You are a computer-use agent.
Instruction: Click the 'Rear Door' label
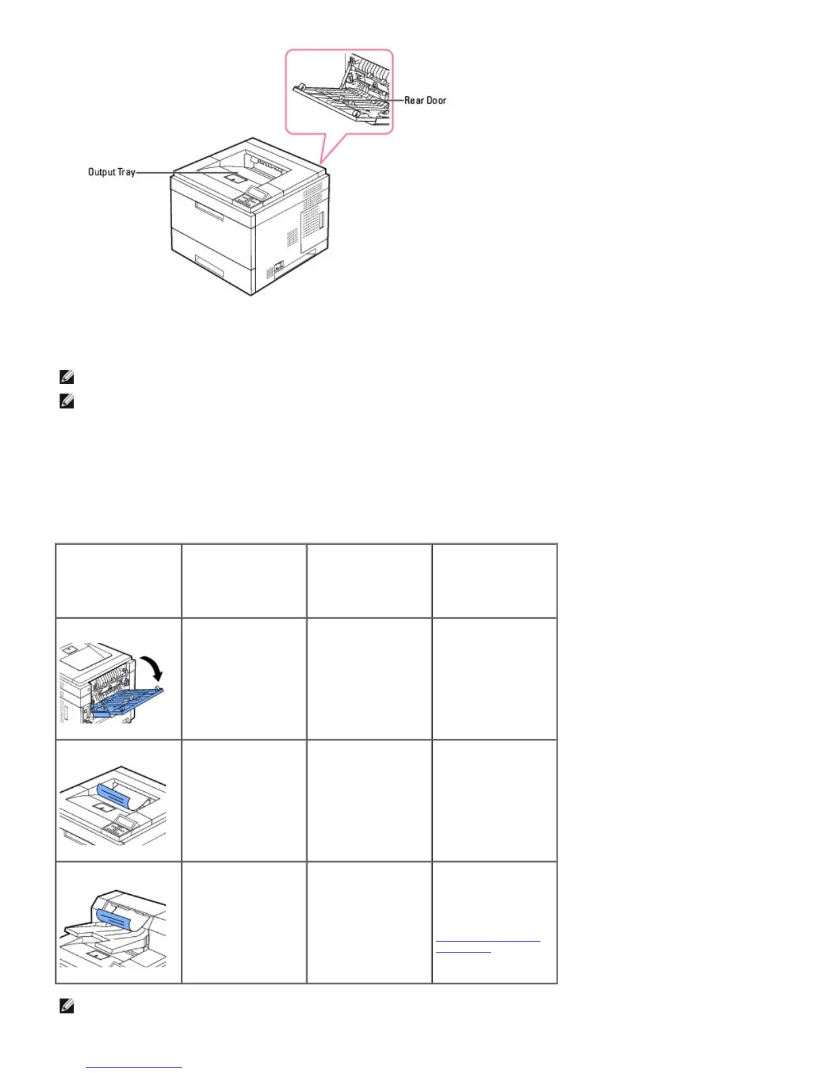click(425, 100)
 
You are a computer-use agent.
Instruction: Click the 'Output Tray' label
click(111, 172)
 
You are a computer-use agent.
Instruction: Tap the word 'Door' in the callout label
click(436, 100)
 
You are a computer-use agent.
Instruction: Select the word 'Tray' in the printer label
click(127, 172)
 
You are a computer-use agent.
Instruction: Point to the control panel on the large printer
click(250, 197)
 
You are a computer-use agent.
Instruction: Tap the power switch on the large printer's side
click(278, 267)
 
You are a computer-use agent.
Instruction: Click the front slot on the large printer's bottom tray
click(209, 266)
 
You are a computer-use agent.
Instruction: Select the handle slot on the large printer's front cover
click(209, 211)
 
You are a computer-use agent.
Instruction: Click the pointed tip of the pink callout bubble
click(322, 162)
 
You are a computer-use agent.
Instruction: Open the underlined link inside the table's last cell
click(488, 941)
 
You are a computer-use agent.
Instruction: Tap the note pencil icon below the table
click(66, 1007)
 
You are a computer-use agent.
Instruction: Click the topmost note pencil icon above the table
click(66, 377)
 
